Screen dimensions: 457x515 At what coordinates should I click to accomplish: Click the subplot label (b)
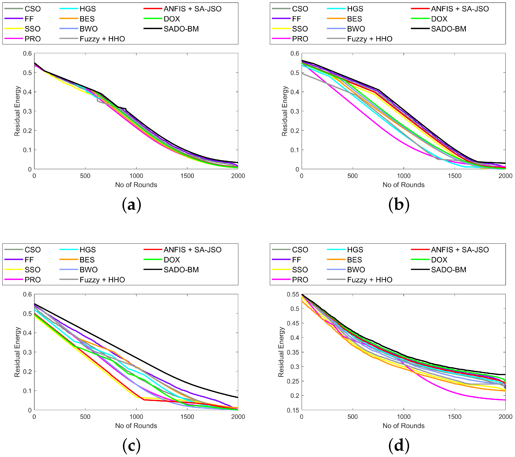pyautogui.click(x=399, y=204)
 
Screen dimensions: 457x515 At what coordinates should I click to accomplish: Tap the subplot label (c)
pyautogui.click(x=131, y=446)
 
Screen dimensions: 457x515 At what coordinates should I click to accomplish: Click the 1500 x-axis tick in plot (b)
pyautogui.click(x=454, y=176)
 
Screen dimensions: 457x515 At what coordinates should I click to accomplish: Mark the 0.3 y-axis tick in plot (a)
pyautogui.click(x=27, y=111)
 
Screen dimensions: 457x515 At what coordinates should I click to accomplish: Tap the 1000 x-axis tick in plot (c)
pyautogui.click(x=136, y=417)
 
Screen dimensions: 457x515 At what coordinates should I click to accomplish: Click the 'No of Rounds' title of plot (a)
pyautogui.click(x=136, y=185)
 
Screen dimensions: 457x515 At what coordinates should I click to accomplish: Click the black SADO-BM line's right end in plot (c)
pyautogui.click(x=238, y=397)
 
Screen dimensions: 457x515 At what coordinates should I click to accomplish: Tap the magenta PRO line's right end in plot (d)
pyautogui.click(x=505, y=400)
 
